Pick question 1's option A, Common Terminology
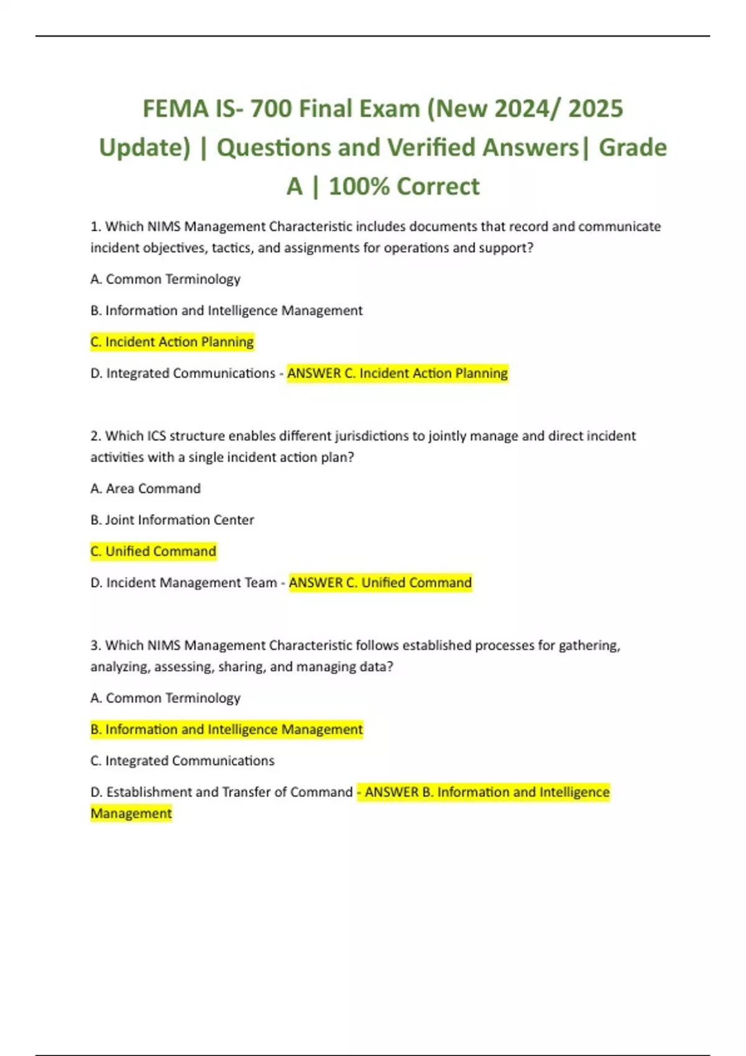[165, 280]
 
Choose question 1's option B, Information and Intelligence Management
[226, 311]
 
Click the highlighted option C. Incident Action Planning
[172, 342]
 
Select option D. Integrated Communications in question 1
[183, 373]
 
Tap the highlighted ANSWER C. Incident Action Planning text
[397, 373]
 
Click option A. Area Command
[145, 489]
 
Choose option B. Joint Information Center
[172, 520]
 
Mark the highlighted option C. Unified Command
[154, 552]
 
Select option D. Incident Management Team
[183, 583]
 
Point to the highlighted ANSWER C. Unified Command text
[380, 583]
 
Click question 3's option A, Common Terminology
[165, 698]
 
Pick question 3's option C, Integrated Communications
[182, 761]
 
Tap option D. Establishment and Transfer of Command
[221, 792]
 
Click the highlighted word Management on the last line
[131, 814]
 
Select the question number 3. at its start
[96, 645]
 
